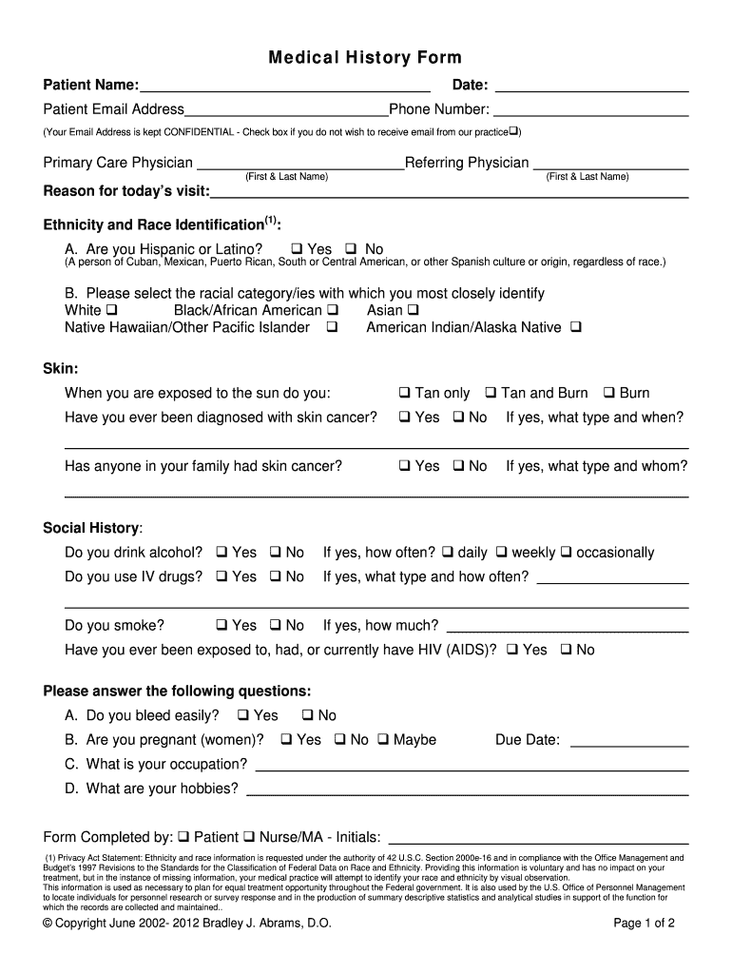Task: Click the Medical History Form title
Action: coord(365,58)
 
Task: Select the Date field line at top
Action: coord(590,87)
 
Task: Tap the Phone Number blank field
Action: coord(590,110)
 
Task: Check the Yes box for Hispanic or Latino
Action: coord(296,250)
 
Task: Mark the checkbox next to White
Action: coord(112,310)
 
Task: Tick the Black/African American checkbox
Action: coord(333,310)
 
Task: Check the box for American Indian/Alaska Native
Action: coord(575,328)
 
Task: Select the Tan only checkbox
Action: coord(404,393)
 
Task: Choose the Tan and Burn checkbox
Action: coord(491,393)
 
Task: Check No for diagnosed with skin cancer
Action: coord(458,418)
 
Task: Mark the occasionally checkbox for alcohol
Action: coord(566,553)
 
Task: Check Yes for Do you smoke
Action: coord(222,626)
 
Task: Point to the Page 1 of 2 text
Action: coord(644,923)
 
